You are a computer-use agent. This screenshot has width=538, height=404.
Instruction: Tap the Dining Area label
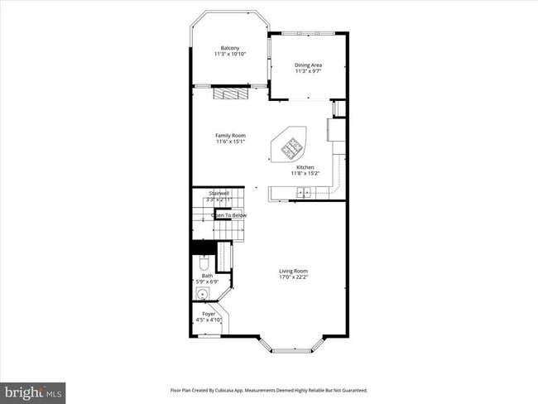(x=308, y=65)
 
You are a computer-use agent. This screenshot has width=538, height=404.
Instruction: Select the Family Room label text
(x=231, y=135)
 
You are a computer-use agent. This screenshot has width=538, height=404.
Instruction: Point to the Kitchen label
(x=305, y=167)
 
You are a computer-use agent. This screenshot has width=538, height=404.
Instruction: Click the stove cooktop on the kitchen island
(x=292, y=149)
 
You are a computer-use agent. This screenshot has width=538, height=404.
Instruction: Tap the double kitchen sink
(x=304, y=193)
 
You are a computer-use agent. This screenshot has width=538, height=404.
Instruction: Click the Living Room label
(x=293, y=271)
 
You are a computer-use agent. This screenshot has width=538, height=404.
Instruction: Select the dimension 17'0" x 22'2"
(x=293, y=277)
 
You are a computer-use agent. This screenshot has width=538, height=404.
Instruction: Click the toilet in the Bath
(x=204, y=263)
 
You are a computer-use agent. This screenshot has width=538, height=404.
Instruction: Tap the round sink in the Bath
(x=202, y=294)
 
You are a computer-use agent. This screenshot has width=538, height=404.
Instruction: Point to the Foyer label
(x=209, y=314)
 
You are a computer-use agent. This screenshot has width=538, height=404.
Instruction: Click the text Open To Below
(x=229, y=215)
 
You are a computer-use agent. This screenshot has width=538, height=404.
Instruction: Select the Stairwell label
(x=219, y=193)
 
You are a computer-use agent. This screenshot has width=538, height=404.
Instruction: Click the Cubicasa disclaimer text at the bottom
(x=269, y=390)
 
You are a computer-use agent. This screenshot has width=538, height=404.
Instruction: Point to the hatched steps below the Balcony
(x=230, y=94)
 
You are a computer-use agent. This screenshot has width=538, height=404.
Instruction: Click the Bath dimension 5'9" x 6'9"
(x=207, y=282)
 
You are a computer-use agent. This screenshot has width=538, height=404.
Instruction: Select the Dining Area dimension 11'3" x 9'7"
(x=308, y=71)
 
